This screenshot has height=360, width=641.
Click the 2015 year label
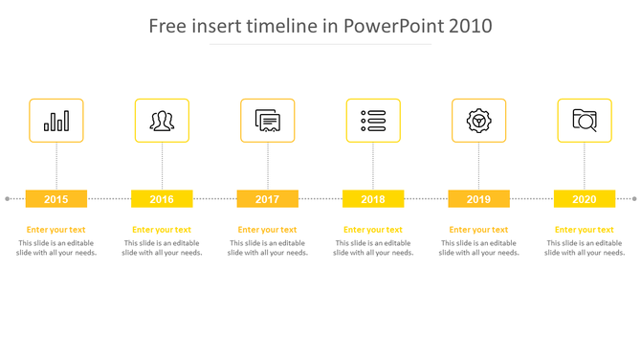tap(56, 199)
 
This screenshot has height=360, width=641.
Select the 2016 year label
tap(162, 199)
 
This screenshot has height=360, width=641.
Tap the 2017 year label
tap(268, 199)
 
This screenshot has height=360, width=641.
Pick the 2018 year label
tap(373, 199)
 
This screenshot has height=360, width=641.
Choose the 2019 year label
tap(478, 199)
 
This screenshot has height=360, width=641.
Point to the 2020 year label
tap(585, 199)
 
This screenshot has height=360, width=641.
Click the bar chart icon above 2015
tap(56, 121)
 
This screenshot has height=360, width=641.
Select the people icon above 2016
tap(162, 121)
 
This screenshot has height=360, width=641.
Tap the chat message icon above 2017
tap(268, 121)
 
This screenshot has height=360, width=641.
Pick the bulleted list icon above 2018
tap(373, 121)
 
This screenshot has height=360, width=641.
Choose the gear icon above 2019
tap(478, 121)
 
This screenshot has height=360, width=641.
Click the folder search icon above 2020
tap(585, 121)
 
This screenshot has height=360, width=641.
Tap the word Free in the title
tap(168, 26)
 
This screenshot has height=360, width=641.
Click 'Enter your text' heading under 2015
tap(56, 230)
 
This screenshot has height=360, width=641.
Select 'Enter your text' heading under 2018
tap(373, 230)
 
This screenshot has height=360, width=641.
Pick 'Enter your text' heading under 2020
tap(585, 230)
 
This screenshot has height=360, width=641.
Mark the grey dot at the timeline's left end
tap(8, 199)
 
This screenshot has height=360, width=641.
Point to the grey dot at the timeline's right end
tap(633, 199)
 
